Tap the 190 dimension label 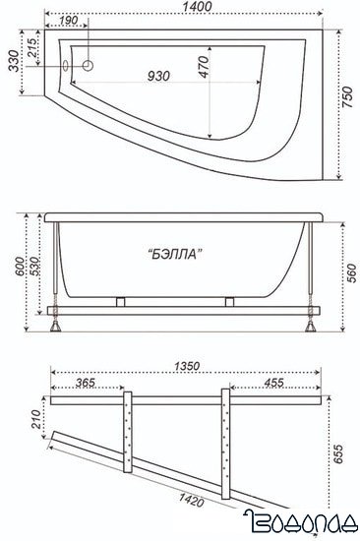click(69, 22)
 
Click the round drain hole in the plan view click(87, 66)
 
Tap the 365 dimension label click(86, 385)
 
